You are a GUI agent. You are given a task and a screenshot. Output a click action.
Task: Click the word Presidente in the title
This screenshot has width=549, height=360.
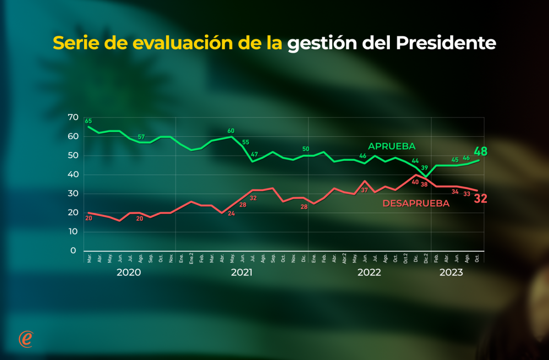click(x=446, y=43)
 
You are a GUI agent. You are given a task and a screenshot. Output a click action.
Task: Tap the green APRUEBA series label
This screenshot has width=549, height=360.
click(x=392, y=146)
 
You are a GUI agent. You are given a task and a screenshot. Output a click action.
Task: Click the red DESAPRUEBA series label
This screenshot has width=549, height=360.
click(x=416, y=204)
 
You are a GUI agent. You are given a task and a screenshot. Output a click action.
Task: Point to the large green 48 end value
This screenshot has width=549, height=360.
click(x=480, y=152)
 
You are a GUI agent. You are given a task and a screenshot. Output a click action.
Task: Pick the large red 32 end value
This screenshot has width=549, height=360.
click(x=480, y=199)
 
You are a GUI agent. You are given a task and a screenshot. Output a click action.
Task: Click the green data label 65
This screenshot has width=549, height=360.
click(x=88, y=121)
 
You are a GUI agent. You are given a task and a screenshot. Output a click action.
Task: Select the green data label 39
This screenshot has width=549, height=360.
click(x=425, y=168)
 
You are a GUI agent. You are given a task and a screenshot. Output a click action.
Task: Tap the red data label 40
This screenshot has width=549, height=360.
click(x=415, y=182)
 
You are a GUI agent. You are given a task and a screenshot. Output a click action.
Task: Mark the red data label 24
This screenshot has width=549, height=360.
click(x=231, y=213)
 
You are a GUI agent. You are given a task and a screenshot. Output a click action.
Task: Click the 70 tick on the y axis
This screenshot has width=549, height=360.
click(x=73, y=118)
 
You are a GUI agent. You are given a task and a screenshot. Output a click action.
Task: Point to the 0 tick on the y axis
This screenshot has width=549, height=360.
click(x=73, y=251)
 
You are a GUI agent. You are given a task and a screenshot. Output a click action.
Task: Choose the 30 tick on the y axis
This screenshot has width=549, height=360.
click(x=73, y=193)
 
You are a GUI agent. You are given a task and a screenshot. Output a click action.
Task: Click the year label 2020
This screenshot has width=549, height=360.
click(x=129, y=273)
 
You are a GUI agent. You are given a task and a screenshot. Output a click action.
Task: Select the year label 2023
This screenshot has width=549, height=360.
click(x=451, y=273)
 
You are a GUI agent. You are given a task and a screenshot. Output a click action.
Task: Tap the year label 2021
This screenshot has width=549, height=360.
click(x=242, y=273)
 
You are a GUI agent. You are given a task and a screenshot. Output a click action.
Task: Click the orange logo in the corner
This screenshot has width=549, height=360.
click(x=26, y=339)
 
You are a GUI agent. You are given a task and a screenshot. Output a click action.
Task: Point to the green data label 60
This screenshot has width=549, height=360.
click(x=231, y=131)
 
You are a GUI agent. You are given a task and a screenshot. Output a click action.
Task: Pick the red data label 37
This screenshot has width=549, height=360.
click(x=365, y=190)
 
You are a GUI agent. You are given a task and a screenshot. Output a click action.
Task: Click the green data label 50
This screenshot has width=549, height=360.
click(x=306, y=149)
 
